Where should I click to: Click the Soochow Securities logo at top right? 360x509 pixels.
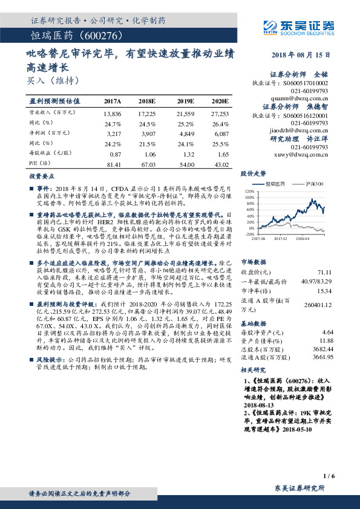coord(296,26)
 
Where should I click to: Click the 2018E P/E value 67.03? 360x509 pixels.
coord(148,164)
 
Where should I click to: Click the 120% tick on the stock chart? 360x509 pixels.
coord(250,191)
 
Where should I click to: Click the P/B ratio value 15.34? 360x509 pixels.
coord(342,291)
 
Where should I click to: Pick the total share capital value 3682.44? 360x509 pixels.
coord(338,349)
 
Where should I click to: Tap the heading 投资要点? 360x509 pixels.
coord(42,177)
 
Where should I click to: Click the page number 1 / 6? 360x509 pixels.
coord(329,476)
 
